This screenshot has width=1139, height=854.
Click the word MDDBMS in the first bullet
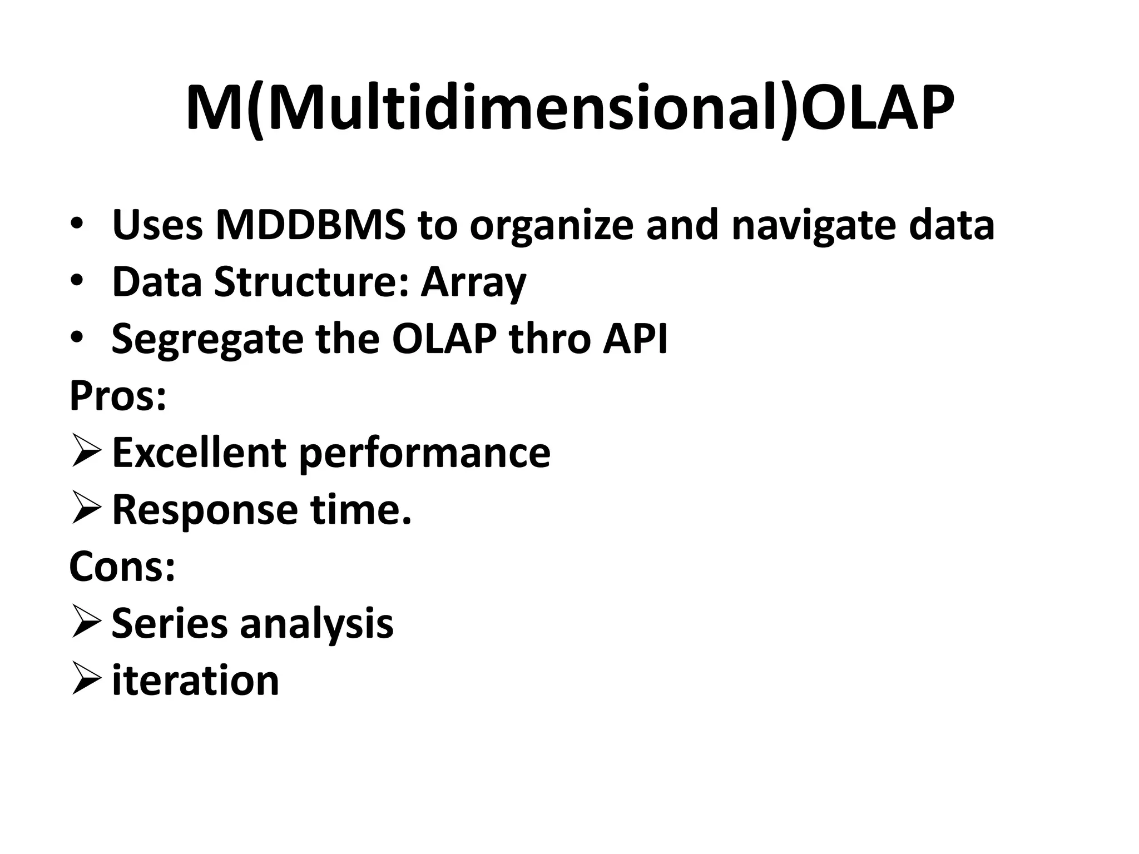[x=311, y=225]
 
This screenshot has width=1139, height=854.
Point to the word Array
[x=473, y=282]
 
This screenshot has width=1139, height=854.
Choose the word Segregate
[x=207, y=339]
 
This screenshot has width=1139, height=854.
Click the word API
[x=635, y=339]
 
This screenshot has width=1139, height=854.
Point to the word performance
[x=425, y=453]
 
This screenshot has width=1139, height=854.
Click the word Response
[x=205, y=510]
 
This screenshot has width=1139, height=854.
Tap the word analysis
[x=316, y=624]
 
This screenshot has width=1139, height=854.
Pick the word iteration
[x=195, y=681]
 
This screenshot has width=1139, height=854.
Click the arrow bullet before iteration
[x=86, y=681]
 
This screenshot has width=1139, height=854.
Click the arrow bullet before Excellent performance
[x=86, y=453]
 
